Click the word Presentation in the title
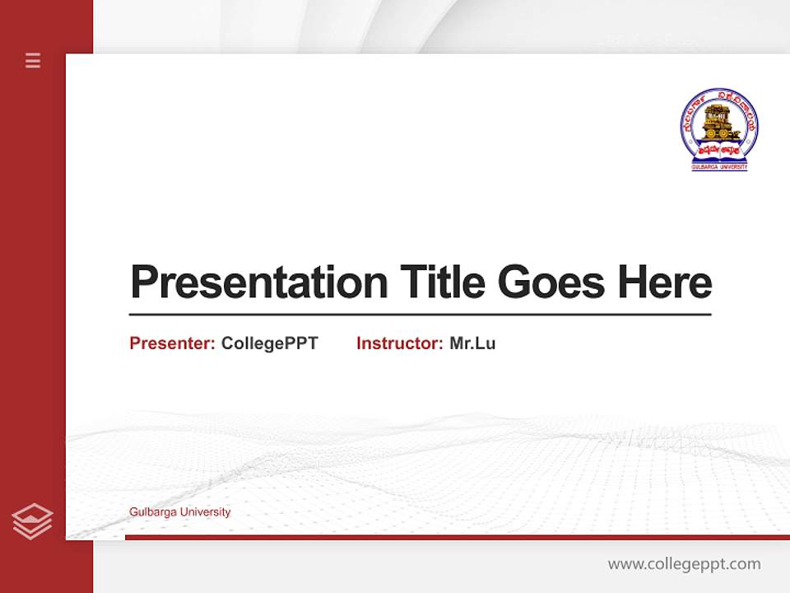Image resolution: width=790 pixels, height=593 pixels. (x=258, y=282)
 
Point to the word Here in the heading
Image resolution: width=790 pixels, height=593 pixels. (x=665, y=282)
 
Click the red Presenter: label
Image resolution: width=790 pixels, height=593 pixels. (x=173, y=343)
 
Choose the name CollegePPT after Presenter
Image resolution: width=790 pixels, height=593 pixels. (x=269, y=343)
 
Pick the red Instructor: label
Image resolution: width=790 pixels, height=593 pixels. (x=400, y=343)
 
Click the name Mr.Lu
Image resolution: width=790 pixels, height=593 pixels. (x=472, y=343)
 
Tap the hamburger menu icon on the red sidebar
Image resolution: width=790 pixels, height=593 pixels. (x=33, y=60)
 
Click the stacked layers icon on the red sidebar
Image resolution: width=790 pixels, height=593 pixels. (x=32, y=521)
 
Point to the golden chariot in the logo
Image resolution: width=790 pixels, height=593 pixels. (x=718, y=120)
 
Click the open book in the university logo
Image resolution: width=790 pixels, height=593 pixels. (x=719, y=152)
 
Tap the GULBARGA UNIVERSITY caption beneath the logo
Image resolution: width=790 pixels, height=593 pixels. (x=719, y=167)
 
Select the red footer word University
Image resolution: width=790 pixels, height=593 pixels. (x=205, y=512)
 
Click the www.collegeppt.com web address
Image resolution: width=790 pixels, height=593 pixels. (x=684, y=564)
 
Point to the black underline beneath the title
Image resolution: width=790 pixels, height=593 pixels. (x=420, y=315)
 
